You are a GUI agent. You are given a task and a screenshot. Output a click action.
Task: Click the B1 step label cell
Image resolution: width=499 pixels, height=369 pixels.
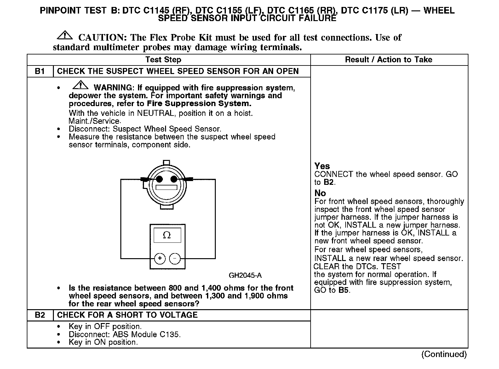pos(40,71)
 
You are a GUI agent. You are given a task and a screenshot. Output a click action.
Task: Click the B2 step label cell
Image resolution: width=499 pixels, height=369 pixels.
pos(40,315)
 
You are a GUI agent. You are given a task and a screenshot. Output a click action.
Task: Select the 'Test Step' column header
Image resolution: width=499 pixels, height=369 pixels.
pos(163,60)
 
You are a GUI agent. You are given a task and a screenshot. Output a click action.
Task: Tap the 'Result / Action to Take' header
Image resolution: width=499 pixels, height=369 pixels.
pos(389,60)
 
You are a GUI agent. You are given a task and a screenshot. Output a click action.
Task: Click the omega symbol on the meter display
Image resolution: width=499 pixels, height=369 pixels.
pos(167,235)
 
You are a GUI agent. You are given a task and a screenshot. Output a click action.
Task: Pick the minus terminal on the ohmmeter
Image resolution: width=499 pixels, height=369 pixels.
pos(175,258)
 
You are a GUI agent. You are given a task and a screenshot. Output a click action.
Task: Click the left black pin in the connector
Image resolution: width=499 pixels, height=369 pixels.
pos(160,179)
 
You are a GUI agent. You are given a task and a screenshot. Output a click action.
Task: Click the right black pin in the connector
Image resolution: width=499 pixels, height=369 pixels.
pos(174,179)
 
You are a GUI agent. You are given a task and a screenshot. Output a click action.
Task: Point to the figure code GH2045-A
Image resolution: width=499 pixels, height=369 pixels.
pos(245,275)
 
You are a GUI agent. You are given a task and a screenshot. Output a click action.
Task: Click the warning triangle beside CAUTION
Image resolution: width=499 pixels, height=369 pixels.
pos(65,35)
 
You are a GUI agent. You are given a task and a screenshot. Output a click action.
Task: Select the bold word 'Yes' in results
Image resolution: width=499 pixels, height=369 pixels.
pos(322,166)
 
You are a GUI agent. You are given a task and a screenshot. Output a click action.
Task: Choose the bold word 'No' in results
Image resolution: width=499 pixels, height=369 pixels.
pos(320,193)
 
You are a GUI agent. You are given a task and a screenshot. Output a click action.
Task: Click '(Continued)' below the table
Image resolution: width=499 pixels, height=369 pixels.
pos(444,354)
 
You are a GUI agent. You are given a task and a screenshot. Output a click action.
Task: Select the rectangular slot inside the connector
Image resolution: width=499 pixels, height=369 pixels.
pos(167,188)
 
